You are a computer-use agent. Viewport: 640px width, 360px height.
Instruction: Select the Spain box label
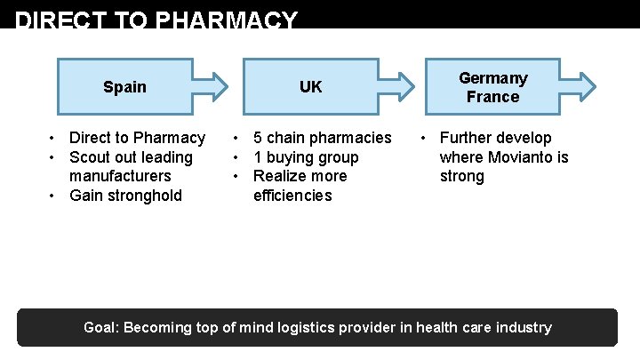pyautogui.click(x=124, y=86)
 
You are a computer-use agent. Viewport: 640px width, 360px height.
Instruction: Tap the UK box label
pyautogui.click(x=310, y=86)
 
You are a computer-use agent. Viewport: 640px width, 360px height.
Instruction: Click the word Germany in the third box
pyautogui.click(x=492, y=77)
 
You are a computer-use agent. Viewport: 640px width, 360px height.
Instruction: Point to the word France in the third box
pyautogui.click(x=492, y=96)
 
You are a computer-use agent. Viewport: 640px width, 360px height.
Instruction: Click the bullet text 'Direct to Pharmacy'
pyautogui.click(x=137, y=138)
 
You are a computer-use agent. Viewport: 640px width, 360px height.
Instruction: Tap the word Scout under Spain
pyautogui.click(x=90, y=157)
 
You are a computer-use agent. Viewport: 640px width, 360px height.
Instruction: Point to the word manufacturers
pyautogui.click(x=120, y=176)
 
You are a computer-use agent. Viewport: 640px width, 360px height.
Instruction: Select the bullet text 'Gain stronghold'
pyautogui.click(x=125, y=196)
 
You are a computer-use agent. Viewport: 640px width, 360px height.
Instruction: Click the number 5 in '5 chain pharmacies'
pyautogui.click(x=258, y=138)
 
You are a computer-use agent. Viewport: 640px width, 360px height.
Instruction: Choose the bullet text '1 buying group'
pyautogui.click(x=306, y=157)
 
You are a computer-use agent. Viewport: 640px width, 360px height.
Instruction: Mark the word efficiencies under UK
pyautogui.click(x=292, y=196)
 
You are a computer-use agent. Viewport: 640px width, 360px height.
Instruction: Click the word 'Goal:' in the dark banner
pyautogui.click(x=101, y=327)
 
